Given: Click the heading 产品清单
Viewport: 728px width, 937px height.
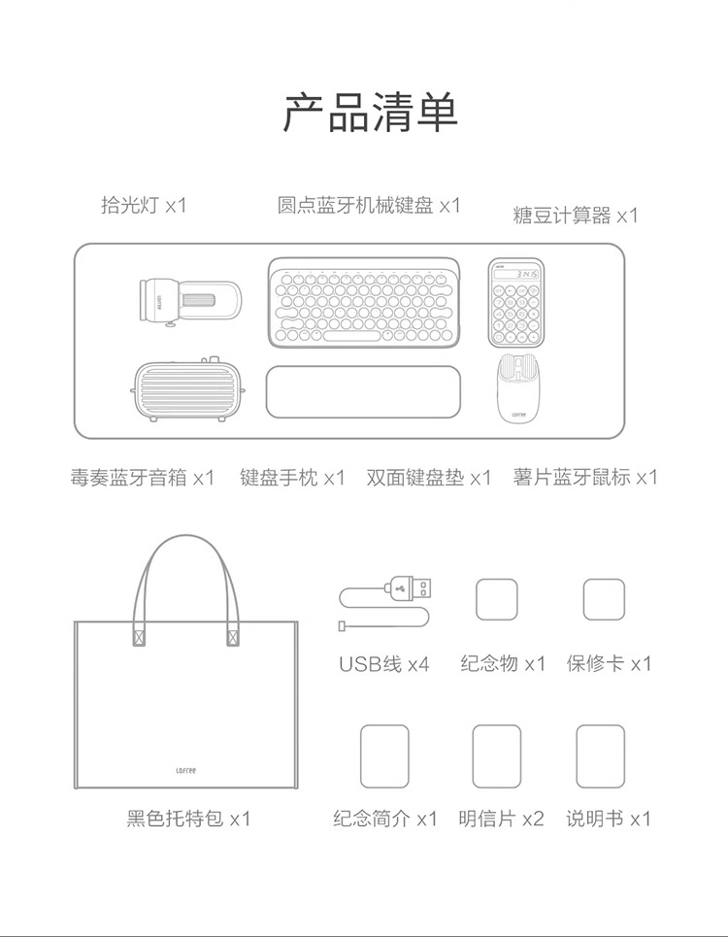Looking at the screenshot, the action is [x=370, y=113].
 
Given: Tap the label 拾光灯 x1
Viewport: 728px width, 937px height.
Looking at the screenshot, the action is [x=143, y=205].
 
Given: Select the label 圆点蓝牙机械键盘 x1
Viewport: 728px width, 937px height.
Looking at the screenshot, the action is [x=368, y=205].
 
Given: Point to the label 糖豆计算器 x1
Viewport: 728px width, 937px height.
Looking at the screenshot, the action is [x=575, y=215].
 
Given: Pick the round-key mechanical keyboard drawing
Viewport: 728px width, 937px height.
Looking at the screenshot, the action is [x=363, y=300].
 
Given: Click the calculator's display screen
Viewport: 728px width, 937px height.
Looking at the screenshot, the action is [x=515, y=275].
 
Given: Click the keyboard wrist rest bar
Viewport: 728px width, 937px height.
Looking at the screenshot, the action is [x=363, y=392].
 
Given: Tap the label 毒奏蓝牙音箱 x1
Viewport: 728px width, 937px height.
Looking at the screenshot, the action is [x=142, y=478].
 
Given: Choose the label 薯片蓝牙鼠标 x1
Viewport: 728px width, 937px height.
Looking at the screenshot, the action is [x=585, y=477].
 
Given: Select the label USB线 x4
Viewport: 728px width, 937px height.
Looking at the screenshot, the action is [x=383, y=664].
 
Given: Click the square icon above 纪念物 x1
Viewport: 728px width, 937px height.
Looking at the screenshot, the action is [x=496, y=599].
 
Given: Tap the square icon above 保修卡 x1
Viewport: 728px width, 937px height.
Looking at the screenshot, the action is [x=604, y=599].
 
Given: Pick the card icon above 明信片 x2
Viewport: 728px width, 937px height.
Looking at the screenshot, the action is [x=496, y=756].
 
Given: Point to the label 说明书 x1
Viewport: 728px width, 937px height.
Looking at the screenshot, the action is [x=609, y=819].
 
